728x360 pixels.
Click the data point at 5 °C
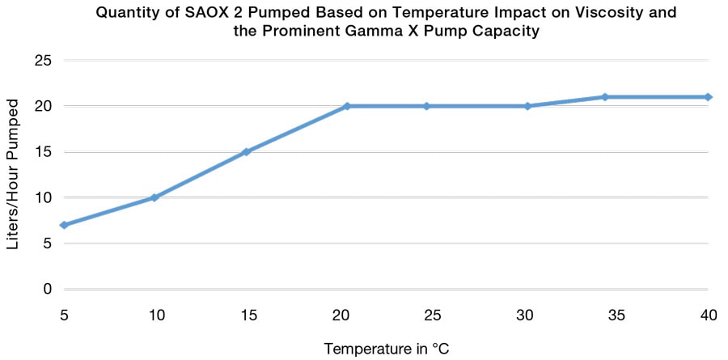[63, 225]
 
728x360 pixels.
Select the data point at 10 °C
[154, 197]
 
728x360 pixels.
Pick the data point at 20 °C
[346, 106]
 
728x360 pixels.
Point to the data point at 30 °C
[527, 106]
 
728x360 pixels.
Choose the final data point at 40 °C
[708, 97]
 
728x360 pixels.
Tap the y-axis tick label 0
[48, 289]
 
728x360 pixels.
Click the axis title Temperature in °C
[386, 349]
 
